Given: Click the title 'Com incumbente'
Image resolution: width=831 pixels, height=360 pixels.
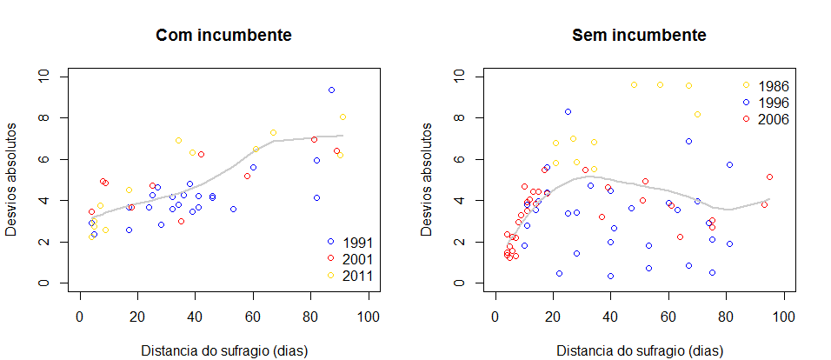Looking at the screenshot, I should point(223,36).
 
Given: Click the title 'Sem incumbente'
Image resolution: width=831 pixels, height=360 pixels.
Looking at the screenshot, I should point(639,36).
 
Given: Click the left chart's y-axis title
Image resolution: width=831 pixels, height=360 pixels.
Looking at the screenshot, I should point(18,180).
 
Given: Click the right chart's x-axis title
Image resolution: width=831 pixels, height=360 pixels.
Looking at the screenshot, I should point(639,351).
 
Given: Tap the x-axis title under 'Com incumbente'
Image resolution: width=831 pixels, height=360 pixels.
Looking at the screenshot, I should point(223,351).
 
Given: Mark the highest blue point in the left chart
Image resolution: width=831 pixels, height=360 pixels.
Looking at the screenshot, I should point(331,90).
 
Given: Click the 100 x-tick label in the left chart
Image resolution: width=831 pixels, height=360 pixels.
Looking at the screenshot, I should point(369,317).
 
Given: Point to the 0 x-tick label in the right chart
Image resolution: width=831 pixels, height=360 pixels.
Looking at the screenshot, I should point(495,317).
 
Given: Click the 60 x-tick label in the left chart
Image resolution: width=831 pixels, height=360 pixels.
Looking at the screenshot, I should point(253,317).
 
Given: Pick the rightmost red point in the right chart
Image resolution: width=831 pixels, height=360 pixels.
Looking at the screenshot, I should point(770,177).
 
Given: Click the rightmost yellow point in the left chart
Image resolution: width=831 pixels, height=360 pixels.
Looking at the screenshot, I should point(342,117).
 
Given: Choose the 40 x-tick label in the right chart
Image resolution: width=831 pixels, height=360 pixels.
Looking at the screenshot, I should point(611,317).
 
